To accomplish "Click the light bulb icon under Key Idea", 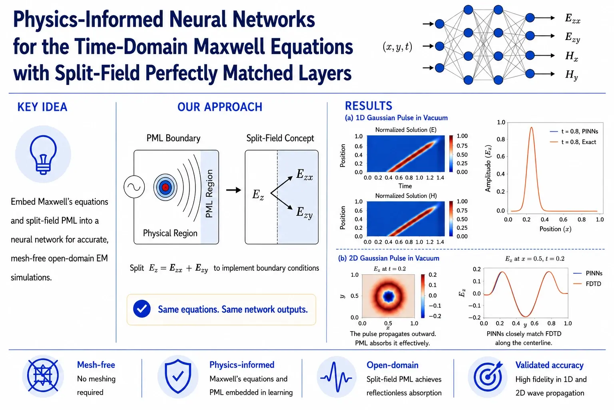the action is pyautogui.click(x=43, y=154).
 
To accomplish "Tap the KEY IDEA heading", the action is pyautogui.click(x=42, y=107).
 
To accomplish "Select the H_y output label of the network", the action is pyautogui.click(x=572, y=75).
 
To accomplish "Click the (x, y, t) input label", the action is pyautogui.click(x=397, y=46).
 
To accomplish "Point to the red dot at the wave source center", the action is pyautogui.click(x=165, y=187).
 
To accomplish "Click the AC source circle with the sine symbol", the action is pyautogui.click(x=134, y=187).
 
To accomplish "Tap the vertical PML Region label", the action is pyautogui.click(x=209, y=193).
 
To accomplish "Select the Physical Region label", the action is pyautogui.click(x=170, y=233).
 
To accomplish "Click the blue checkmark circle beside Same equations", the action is pyautogui.click(x=142, y=309).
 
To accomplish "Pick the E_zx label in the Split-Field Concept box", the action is pyautogui.click(x=304, y=175).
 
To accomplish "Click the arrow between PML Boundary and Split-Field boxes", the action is pyautogui.click(x=233, y=190).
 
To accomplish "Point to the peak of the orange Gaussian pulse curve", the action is pyautogui.click(x=532, y=127).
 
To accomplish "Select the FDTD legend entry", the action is pyautogui.click(x=587, y=284).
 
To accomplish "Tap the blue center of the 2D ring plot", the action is pyautogui.click(x=389, y=296).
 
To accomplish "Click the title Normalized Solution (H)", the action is pyautogui.click(x=406, y=195).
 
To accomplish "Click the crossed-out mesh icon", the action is pyautogui.click(x=43, y=376).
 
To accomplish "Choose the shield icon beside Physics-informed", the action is pyautogui.click(x=178, y=376).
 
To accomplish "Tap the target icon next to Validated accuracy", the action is pyautogui.click(x=488, y=376).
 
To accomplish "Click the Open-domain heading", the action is pyautogui.click(x=393, y=365).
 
